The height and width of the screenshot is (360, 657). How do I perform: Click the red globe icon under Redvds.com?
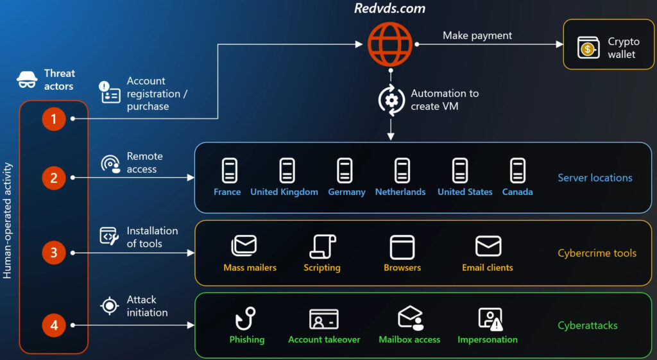[x=390, y=44]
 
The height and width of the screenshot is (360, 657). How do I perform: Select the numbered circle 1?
[x=54, y=119]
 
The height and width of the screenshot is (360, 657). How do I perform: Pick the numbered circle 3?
[x=54, y=252]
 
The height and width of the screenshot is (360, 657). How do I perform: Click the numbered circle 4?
[x=54, y=325]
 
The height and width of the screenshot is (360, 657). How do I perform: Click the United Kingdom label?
[x=284, y=192]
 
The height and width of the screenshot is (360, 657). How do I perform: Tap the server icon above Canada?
[x=517, y=171]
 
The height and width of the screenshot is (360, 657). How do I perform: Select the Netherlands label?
[x=400, y=192]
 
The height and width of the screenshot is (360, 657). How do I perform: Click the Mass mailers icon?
[x=244, y=246]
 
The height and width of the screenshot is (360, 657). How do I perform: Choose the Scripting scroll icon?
[x=321, y=246]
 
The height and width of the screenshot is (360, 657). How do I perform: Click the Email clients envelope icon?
[x=488, y=246]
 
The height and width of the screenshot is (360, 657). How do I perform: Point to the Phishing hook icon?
[x=246, y=319]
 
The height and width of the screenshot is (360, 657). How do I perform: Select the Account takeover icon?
[x=324, y=319]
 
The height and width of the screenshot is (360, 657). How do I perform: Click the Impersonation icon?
[x=489, y=319]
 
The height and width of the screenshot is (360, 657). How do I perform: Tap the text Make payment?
[x=477, y=35]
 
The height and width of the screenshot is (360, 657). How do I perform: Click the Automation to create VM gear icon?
[x=391, y=100]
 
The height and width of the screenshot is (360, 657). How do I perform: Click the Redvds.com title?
[x=390, y=9]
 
